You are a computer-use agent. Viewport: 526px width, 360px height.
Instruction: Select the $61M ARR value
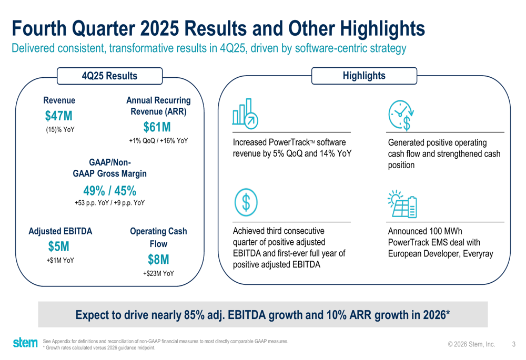pos(158,127)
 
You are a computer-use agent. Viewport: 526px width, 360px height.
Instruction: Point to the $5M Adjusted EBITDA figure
pos(59,246)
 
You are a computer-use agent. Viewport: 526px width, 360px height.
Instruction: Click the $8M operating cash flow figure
pos(158,260)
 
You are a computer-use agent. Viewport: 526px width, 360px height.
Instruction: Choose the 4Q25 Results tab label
pos(109,76)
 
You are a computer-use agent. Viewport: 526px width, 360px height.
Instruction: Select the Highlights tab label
pos(364,76)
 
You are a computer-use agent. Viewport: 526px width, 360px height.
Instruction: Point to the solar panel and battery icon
pos(402,204)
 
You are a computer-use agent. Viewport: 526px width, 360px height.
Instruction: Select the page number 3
pos(513,345)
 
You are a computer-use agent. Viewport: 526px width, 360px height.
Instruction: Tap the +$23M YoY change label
pos(158,273)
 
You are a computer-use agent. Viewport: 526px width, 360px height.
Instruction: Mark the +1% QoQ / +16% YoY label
pos(158,141)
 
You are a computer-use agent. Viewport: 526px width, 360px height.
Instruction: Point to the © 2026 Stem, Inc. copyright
pos(471,345)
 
